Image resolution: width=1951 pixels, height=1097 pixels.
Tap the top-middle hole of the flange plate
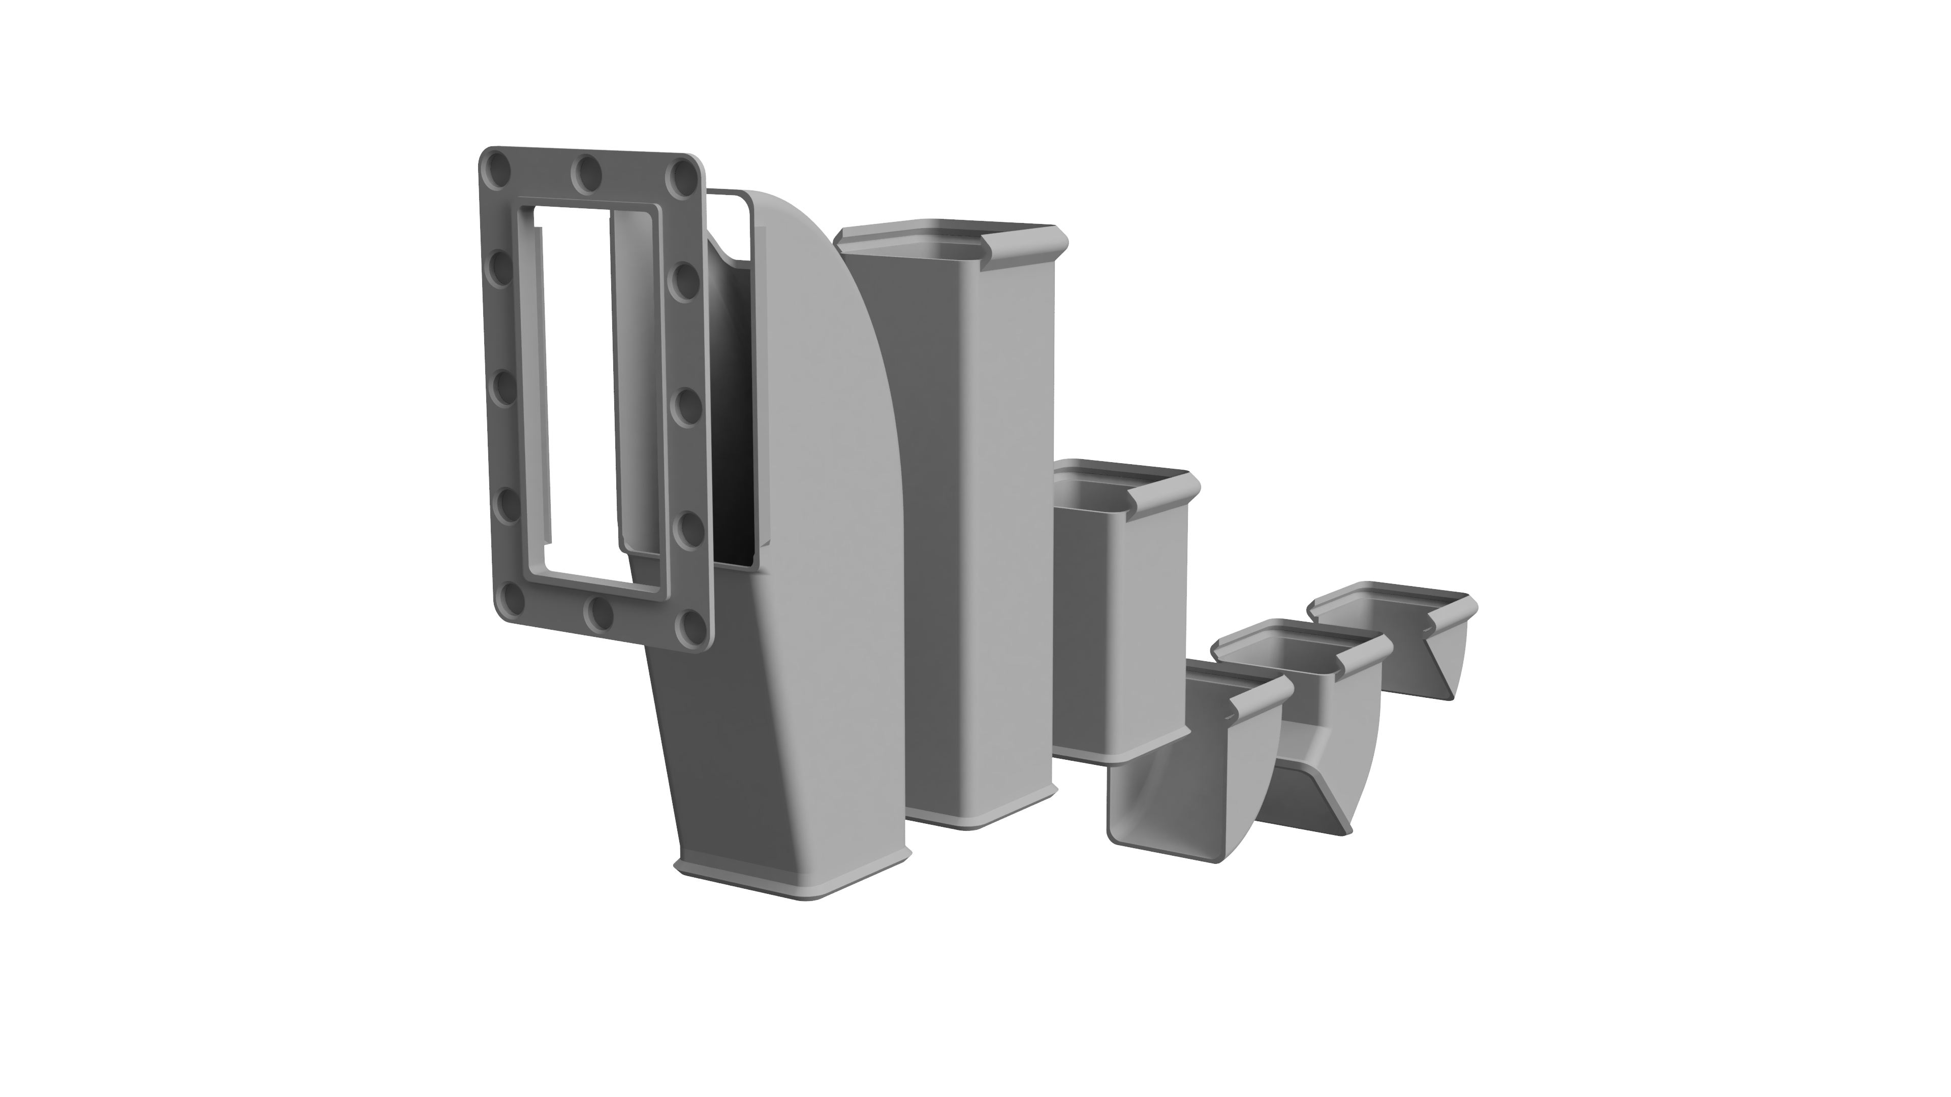587,176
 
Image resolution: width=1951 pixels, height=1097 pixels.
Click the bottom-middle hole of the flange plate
601,615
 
